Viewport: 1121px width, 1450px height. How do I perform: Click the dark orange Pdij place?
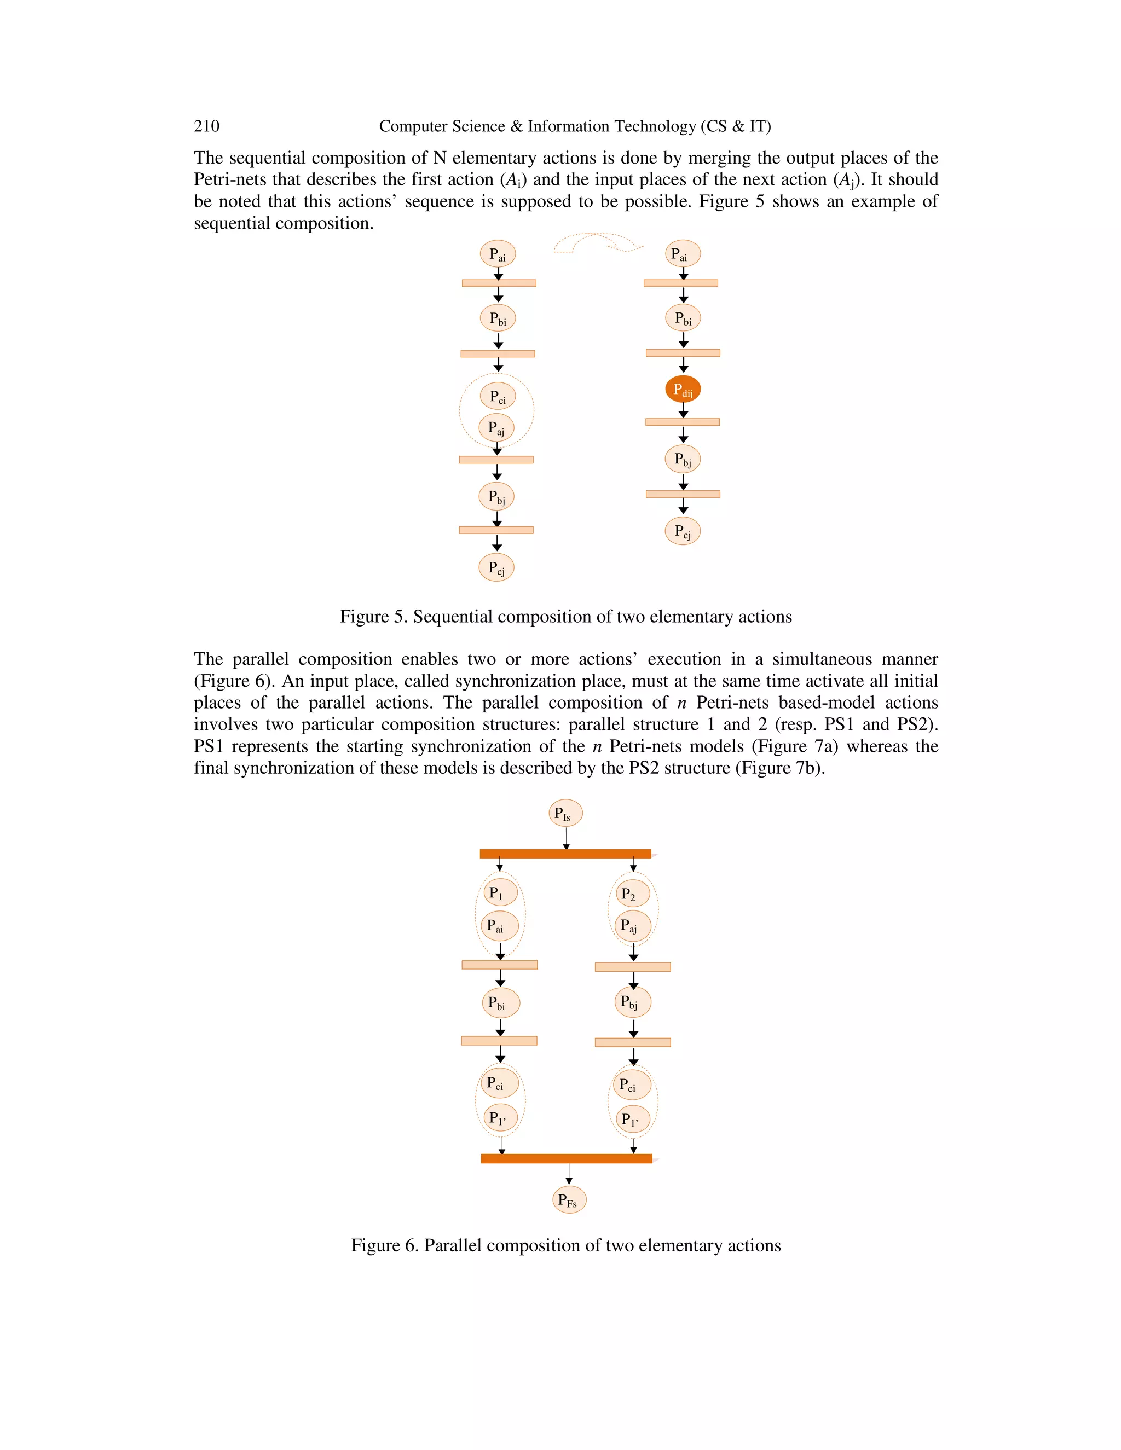click(x=683, y=389)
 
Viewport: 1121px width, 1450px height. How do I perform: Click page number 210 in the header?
click(x=206, y=126)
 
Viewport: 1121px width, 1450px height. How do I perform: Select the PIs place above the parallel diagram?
click(x=565, y=813)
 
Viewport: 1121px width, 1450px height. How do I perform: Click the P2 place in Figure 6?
click(x=632, y=894)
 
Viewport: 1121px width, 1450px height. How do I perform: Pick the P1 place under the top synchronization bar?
click(x=499, y=892)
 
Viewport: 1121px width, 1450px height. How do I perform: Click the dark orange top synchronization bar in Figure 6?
click(x=565, y=854)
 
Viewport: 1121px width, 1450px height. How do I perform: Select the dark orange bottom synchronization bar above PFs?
click(x=567, y=1158)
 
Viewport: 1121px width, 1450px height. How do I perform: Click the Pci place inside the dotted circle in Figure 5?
click(x=498, y=396)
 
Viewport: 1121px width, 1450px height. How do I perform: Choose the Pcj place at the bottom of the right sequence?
click(x=683, y=531)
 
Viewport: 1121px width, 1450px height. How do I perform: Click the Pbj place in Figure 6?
click(x=632, y=1002)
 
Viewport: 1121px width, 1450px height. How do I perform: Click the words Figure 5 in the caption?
click(x=371, y=617)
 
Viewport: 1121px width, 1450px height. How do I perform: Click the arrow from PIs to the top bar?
click(x=566, y=838)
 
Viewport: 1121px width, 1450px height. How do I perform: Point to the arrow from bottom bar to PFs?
click(x=569, y=1174)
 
